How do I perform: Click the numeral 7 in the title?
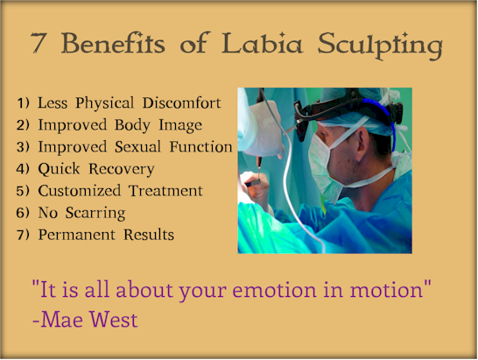click(39, 44)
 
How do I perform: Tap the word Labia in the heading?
click(262, 43)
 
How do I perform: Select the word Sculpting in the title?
click(380, 46)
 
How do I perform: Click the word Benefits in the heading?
click(113, 43)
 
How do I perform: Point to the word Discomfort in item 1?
click(182, 102)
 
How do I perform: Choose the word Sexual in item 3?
click(137, 147)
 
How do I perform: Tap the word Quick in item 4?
click(59, 169)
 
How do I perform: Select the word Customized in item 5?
click(80, 191)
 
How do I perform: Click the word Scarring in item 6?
click(95, 214)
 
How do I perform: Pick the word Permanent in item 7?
click(76, 235)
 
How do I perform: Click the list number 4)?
click(23, 169)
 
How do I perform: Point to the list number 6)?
click(23, 213)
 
